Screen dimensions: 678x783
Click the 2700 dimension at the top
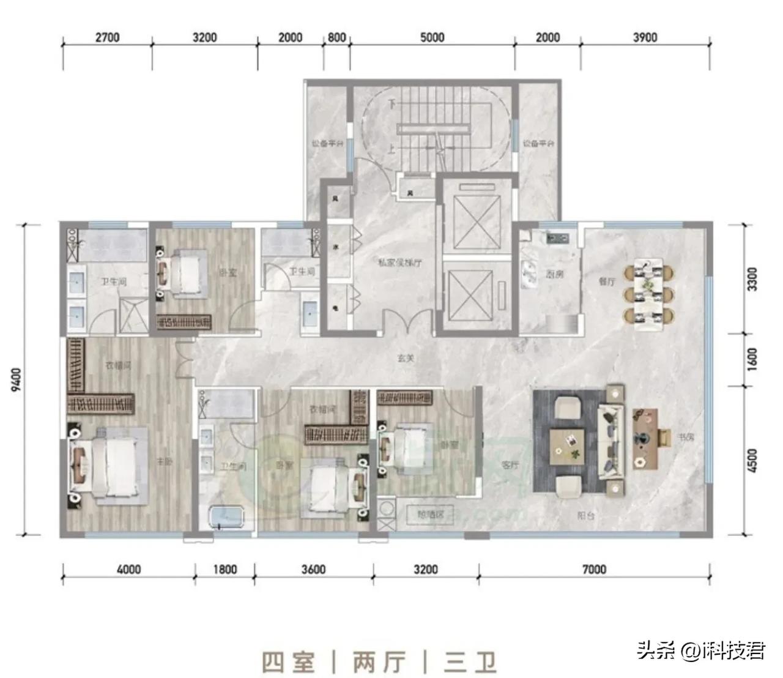point(107,37)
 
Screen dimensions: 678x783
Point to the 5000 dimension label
point(432,37)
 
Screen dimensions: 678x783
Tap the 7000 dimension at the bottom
point(594,570)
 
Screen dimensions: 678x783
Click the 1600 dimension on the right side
point(752,359)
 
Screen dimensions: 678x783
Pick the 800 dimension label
point(336,37)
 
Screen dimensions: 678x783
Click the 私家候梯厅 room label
point(399,263)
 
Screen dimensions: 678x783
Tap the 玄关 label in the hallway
point(406,359)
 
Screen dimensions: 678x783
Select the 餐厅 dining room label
point(607,281)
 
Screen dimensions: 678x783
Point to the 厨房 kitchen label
point(554,275)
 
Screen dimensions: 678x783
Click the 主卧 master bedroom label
point(164,461)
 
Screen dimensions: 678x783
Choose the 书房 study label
point(686,438)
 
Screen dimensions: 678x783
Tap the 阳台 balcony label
point(585,516)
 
